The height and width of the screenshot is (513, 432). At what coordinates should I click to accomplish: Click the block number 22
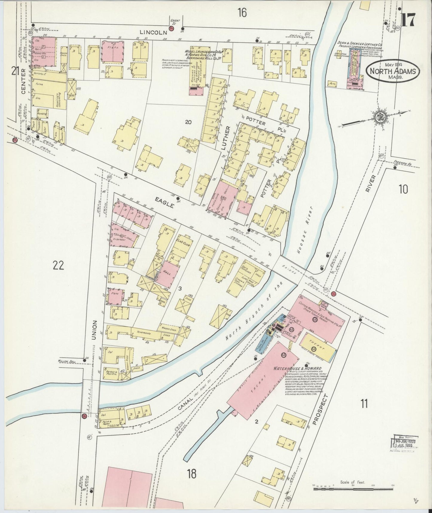pos(58,265)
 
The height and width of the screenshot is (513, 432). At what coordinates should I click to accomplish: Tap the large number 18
pos(192,474)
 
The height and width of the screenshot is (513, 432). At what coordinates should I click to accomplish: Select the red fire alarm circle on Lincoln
pos(171,28)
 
